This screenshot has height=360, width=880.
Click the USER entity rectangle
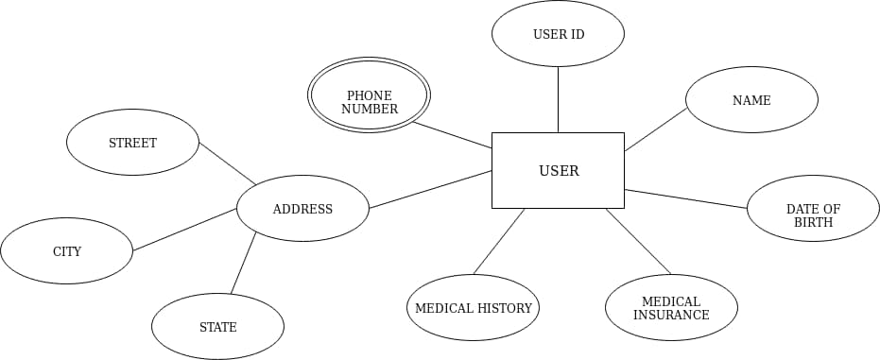coord(558,170)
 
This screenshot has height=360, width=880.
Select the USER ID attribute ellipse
coord(558,34)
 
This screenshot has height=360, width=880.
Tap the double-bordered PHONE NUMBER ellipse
coord(369,95)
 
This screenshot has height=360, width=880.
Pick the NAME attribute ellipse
coord(751,100)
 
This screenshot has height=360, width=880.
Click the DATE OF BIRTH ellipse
coord(813,209)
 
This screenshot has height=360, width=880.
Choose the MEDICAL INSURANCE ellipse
coord(671,308)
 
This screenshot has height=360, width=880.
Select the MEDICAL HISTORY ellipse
coord(473,308)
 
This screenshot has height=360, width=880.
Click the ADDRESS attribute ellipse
coord(302,209)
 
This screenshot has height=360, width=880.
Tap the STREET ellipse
coord(132,143)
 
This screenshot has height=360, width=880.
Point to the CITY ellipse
coord(66,251)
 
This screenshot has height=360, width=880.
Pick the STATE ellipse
coord(217,327)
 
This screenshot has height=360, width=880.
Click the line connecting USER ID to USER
coord(558,99)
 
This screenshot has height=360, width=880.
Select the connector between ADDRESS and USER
coord(430,190)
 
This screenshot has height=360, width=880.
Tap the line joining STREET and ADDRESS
coord(228,163)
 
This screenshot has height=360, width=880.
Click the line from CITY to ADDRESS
coord(184,230)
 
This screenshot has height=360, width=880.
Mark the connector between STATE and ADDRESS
coord(243,264)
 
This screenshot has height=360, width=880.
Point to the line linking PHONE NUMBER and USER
coord(452,135)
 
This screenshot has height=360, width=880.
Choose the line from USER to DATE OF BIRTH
coord(685,198)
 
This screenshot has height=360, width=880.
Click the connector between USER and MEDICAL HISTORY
coord(499,241)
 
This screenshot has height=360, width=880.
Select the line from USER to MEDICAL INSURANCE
coord(638,241)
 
